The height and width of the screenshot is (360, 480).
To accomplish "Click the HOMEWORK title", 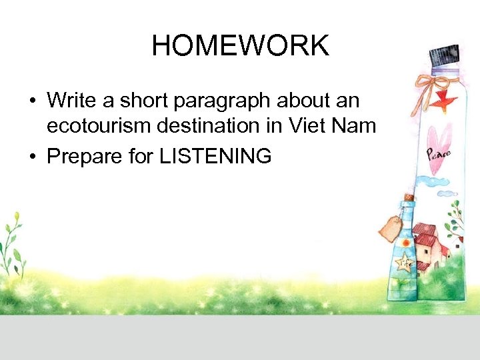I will click(240, 46).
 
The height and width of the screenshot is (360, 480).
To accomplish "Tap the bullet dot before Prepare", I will click(33, 157).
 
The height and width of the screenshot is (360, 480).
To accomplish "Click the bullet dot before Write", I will click(33, 101).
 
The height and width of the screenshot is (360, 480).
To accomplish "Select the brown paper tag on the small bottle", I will click(390, 227).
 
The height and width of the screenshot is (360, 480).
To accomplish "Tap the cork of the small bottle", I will click(408, 197).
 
